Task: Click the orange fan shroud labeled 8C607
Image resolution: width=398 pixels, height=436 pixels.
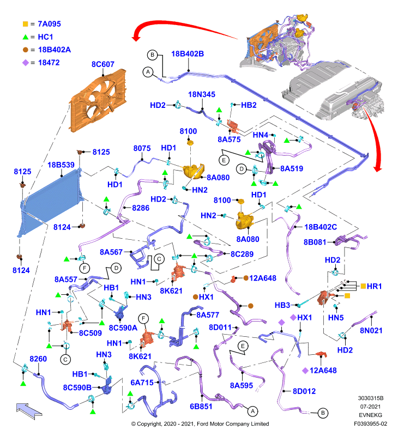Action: [x=98, y=101]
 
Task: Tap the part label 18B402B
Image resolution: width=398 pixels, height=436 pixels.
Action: [x=188, y=53]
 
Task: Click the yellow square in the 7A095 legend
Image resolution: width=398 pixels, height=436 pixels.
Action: [x=25, y=24]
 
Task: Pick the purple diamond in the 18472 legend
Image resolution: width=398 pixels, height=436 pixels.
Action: [x=25, y=63]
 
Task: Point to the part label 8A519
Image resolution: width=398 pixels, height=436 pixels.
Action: [x=292, y=168]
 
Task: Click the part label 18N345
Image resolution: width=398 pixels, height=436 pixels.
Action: [x=202, y=94]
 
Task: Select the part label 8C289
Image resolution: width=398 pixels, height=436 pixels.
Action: [x=242, y=254]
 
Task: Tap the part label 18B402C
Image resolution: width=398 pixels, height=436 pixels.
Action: [x=321, y=227]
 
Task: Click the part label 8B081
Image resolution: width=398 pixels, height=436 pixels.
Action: [x=315, y=242]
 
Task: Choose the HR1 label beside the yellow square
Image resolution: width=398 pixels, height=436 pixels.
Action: [x=374, y=286]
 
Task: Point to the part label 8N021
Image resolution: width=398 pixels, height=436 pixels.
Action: [x=371, y=330]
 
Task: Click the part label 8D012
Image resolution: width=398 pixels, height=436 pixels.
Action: [x=304, y=391]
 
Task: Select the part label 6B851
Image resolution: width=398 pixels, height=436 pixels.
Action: [x=201, y=406]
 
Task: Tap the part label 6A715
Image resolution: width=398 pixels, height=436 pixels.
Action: [x=142, y=383]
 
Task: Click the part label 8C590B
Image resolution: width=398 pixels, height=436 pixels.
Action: [x=77, y=387]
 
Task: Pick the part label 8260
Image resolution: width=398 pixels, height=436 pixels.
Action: [x=38, y=359]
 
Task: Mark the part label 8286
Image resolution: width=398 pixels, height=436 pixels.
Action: [x=141, y=208]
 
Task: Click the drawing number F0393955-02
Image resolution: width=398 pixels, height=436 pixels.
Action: [x=370, y=424]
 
